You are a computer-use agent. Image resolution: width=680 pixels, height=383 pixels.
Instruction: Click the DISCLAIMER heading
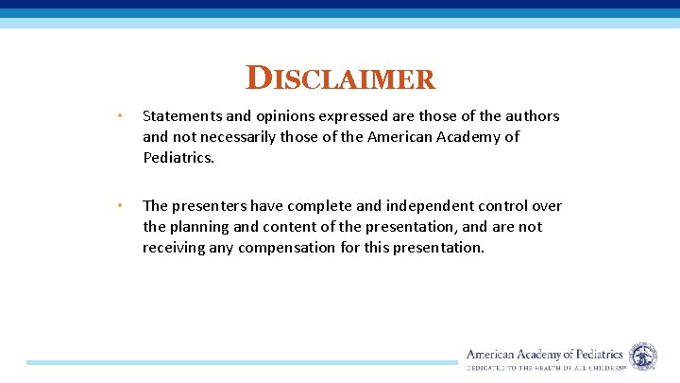click(x=341, y=78)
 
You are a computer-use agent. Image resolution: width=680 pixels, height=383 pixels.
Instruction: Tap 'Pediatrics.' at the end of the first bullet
click(x=178, y=158)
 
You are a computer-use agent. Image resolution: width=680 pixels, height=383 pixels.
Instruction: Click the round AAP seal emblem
click(x=643, y=357)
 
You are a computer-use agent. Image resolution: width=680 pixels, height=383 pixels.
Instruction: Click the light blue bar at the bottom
click(x=241, y=362)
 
